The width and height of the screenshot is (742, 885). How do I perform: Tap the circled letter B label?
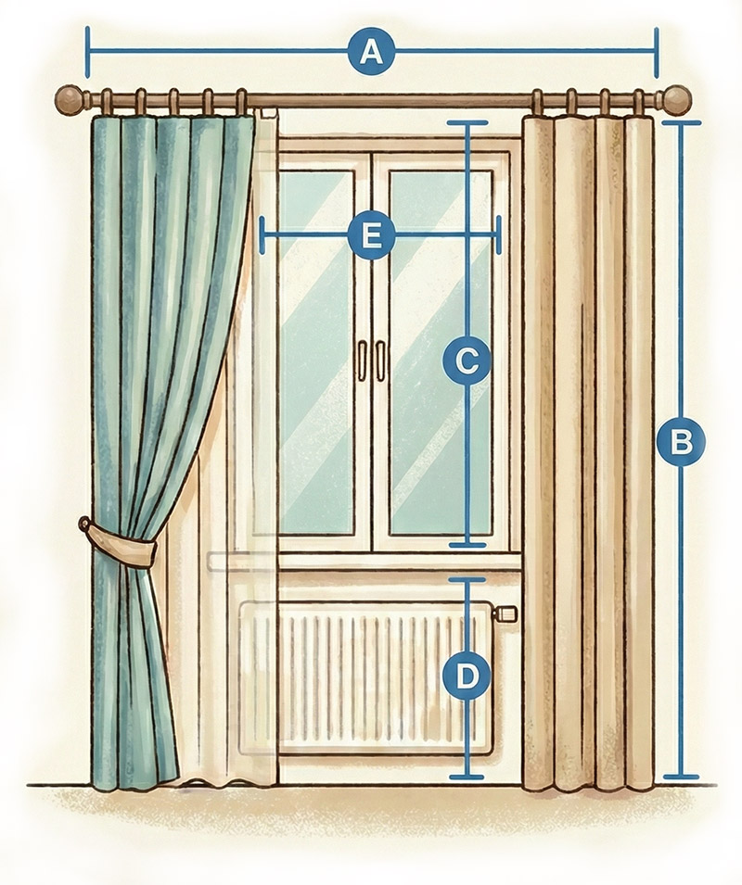point(681,442)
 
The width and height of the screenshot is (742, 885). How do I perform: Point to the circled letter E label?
point(371,235)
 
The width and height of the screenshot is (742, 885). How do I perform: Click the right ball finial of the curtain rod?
point(677,99)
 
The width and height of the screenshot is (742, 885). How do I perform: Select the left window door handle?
point(362,360)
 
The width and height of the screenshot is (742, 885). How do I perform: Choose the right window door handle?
point(380,360)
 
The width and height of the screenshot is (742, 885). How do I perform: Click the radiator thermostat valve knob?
point(505,613)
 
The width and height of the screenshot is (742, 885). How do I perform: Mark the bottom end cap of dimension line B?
point(681,777)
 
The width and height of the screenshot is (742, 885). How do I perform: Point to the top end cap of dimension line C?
point(467,122)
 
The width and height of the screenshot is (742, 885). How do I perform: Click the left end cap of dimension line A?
point(87,53)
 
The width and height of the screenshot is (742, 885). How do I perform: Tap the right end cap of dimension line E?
point(499,235)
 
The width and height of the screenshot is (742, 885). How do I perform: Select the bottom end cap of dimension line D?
point(467,777)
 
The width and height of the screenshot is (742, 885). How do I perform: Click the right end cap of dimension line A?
point(656,53)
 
